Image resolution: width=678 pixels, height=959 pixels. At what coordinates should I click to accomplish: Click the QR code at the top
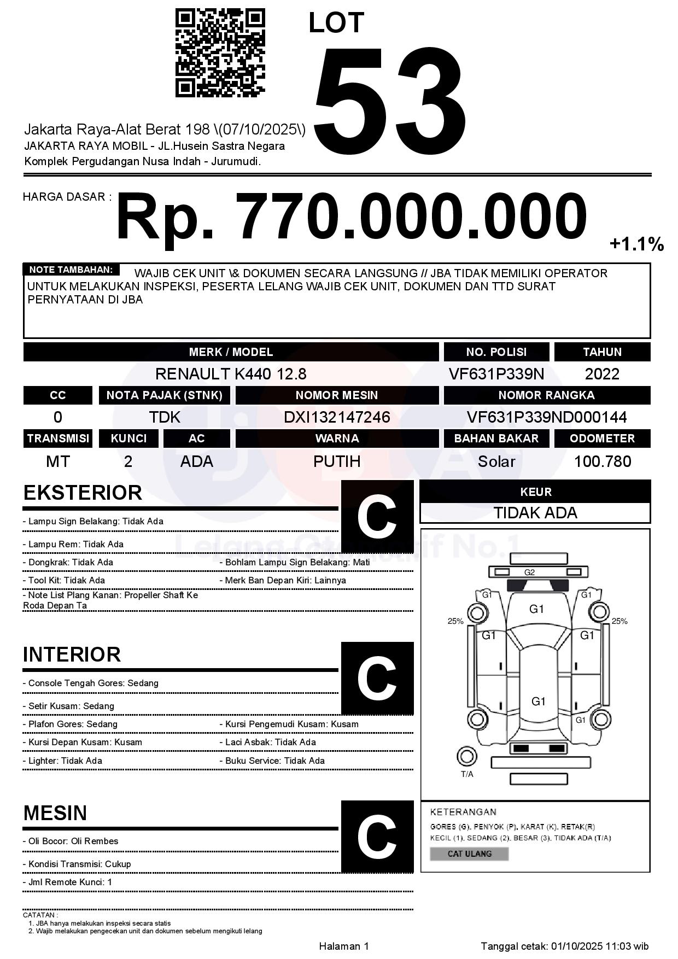point(220,53)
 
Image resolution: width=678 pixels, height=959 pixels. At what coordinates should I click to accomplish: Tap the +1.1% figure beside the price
point(636,244)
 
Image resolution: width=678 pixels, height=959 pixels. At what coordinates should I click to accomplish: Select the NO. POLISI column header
point(496,352)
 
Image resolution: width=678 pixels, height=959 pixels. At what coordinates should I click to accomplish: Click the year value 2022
point(602,374)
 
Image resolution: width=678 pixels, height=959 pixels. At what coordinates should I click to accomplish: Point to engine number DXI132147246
point(337,418)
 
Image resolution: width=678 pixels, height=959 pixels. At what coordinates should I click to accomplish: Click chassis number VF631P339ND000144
point(546,418)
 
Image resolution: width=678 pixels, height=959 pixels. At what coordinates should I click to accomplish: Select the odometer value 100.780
point(602,461)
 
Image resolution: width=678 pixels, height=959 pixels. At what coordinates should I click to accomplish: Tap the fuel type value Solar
point(496,461)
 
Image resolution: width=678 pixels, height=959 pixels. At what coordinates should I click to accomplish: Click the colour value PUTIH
point(337,461)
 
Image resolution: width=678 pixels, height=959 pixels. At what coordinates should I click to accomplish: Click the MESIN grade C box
point(377,837)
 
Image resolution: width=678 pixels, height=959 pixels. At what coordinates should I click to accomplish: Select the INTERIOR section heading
point(72,654)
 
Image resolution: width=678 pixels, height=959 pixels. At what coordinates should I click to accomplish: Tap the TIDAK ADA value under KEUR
point(535,513)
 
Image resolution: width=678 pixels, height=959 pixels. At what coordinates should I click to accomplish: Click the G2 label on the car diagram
point(529,572)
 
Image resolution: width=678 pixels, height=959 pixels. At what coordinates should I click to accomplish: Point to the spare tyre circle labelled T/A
point(466,757)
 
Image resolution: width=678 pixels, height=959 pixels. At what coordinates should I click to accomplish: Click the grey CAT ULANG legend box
point(469,854)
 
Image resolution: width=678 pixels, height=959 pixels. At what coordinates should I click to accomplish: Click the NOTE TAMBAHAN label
point(71,270)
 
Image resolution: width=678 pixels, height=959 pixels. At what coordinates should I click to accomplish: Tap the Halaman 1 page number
point(344,946)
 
